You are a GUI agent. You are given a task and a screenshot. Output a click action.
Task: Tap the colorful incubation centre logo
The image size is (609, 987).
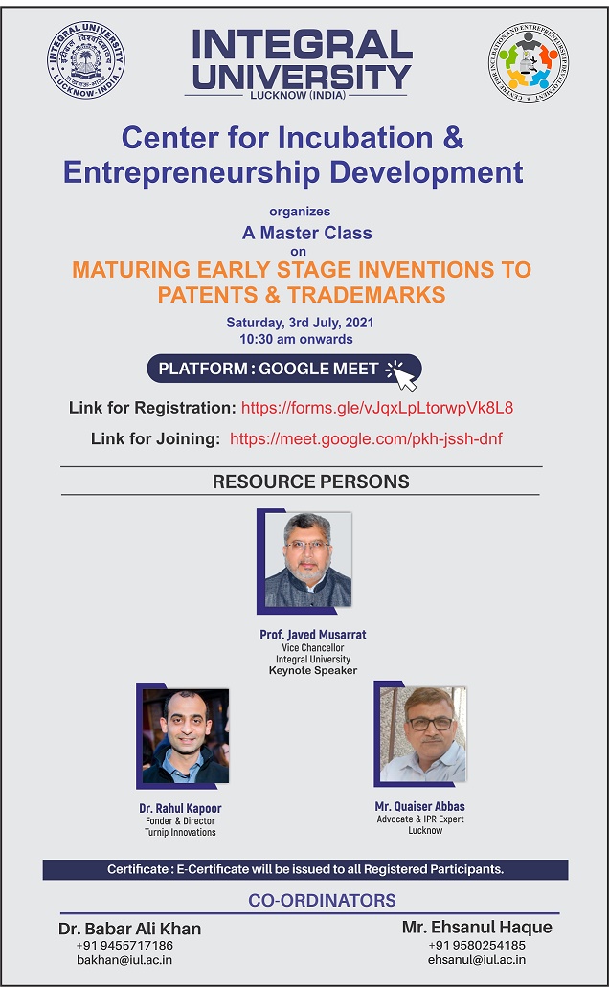click(x=528, y=61)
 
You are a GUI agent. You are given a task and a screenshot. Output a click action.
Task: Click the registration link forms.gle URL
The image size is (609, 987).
click(x=377, y=408)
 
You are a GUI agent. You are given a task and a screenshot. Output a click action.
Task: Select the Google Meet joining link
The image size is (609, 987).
click(x=366, y=438)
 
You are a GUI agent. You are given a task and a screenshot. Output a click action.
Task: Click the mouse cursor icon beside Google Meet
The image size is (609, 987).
click(x=401, y=375)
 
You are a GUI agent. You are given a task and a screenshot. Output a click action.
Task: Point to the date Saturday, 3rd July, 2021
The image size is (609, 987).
click(x=300, y=323)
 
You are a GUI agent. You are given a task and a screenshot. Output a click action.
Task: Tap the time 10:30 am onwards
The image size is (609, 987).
click(x=296, y=339)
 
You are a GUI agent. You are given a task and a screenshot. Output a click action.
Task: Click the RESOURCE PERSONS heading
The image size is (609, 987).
click(x=310, y=482)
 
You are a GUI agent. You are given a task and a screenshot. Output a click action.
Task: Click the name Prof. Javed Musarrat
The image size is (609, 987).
click(x=313, y=635)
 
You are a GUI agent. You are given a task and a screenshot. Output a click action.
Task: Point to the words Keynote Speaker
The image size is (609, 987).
click(x=313, y=670)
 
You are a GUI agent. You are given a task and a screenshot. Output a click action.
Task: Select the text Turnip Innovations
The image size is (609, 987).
click(x=180, y=832)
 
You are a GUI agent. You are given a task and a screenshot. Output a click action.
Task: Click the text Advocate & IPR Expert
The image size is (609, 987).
click(x=420, y=819)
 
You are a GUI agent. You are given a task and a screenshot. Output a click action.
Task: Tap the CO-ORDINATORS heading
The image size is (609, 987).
click(x=322, y=900)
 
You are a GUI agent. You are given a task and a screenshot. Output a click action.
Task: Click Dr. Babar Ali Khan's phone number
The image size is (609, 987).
click(x=124, y=946)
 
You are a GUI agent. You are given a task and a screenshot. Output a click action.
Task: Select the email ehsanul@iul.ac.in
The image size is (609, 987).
click(x=477, y=960)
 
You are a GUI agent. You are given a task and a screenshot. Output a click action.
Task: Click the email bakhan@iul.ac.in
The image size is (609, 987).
click(x=124, y=960)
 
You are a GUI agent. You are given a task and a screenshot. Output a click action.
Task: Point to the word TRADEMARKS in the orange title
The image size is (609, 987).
click(x=367, y=295)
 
